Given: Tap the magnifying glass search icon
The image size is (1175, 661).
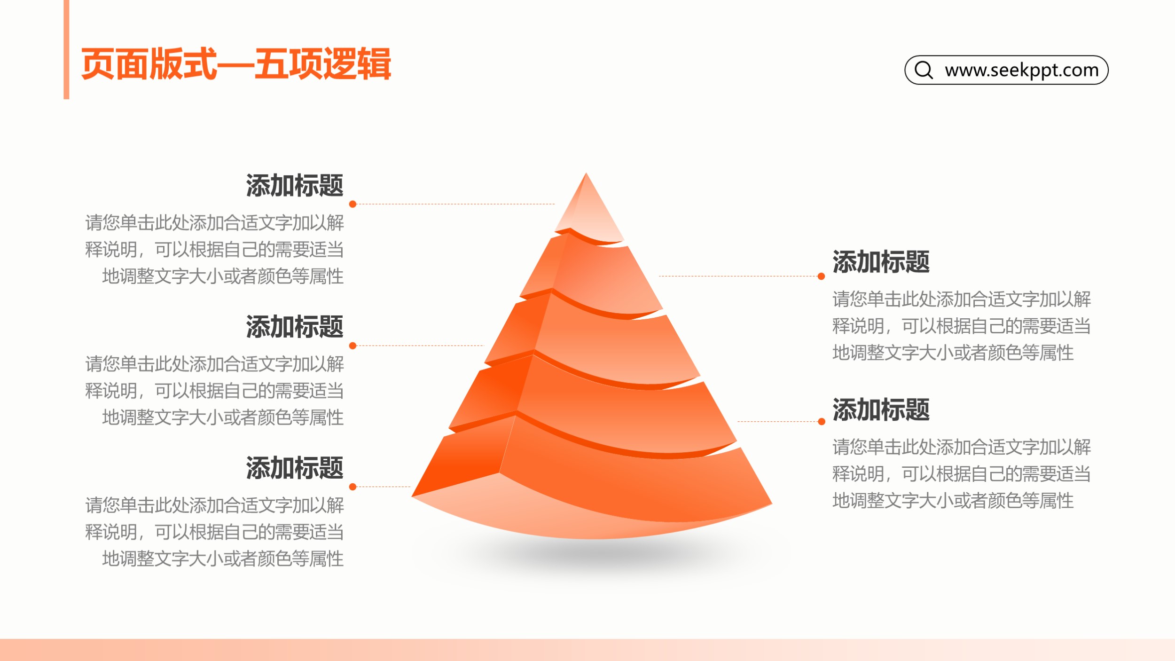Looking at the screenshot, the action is click(x=924, y=70).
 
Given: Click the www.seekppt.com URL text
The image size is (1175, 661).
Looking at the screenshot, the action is click(x=1022, y=70).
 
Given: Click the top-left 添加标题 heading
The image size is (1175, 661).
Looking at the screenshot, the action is click(x=295, y=185).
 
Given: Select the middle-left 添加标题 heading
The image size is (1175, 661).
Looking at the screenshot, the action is click(x=295, y=327).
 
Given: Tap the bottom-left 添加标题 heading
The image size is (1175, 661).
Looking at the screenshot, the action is click(x=295, y=468).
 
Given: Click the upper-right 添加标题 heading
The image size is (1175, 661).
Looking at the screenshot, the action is click(x=881, y=262).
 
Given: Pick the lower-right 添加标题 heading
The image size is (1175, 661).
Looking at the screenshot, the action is click(x=881, y=409).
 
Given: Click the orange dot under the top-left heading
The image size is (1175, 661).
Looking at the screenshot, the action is click(x=353, y=204).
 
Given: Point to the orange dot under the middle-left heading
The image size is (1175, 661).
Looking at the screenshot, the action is click(x=353, y=346).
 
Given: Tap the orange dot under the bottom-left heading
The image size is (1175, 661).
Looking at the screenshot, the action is click(x=353, y=487).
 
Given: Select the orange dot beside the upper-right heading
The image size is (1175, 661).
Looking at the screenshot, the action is click(x=822, y=276).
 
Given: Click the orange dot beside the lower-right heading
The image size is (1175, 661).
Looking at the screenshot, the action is click(x=822, y=422).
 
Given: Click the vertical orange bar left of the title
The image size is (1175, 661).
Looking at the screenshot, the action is click(x=66, y=49).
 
